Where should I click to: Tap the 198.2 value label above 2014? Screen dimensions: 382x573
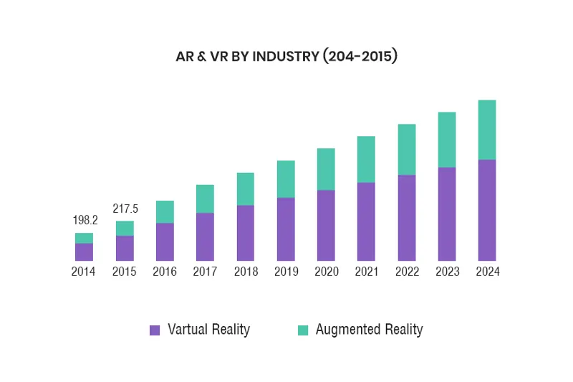(84, 220)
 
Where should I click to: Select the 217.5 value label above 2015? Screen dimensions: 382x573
(125, 209)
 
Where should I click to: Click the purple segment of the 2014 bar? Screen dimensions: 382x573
(84, 252)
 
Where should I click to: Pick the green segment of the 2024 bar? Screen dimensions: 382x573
(487, 130)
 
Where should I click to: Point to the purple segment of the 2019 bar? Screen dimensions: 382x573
(286, 229)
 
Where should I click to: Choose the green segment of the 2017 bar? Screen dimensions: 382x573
(205, 199)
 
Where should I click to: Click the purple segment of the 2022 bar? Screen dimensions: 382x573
(407, 217)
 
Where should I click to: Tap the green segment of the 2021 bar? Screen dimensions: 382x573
(366, 159)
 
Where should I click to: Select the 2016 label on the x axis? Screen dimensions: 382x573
(165, 272)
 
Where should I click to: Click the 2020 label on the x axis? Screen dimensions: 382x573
(326, 272)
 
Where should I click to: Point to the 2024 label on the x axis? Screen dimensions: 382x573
(487, 272)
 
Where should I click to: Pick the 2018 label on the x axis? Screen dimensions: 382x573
(246, 272)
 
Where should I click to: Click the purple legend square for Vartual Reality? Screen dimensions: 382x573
(154, 330)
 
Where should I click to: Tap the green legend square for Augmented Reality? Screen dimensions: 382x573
(302, 330)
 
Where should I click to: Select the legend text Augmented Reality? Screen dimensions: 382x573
(369, 330)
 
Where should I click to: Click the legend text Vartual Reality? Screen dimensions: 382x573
(208, 330)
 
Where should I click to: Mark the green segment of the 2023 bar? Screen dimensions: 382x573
(447, 140)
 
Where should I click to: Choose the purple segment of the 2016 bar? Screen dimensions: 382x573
(165, 242)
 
